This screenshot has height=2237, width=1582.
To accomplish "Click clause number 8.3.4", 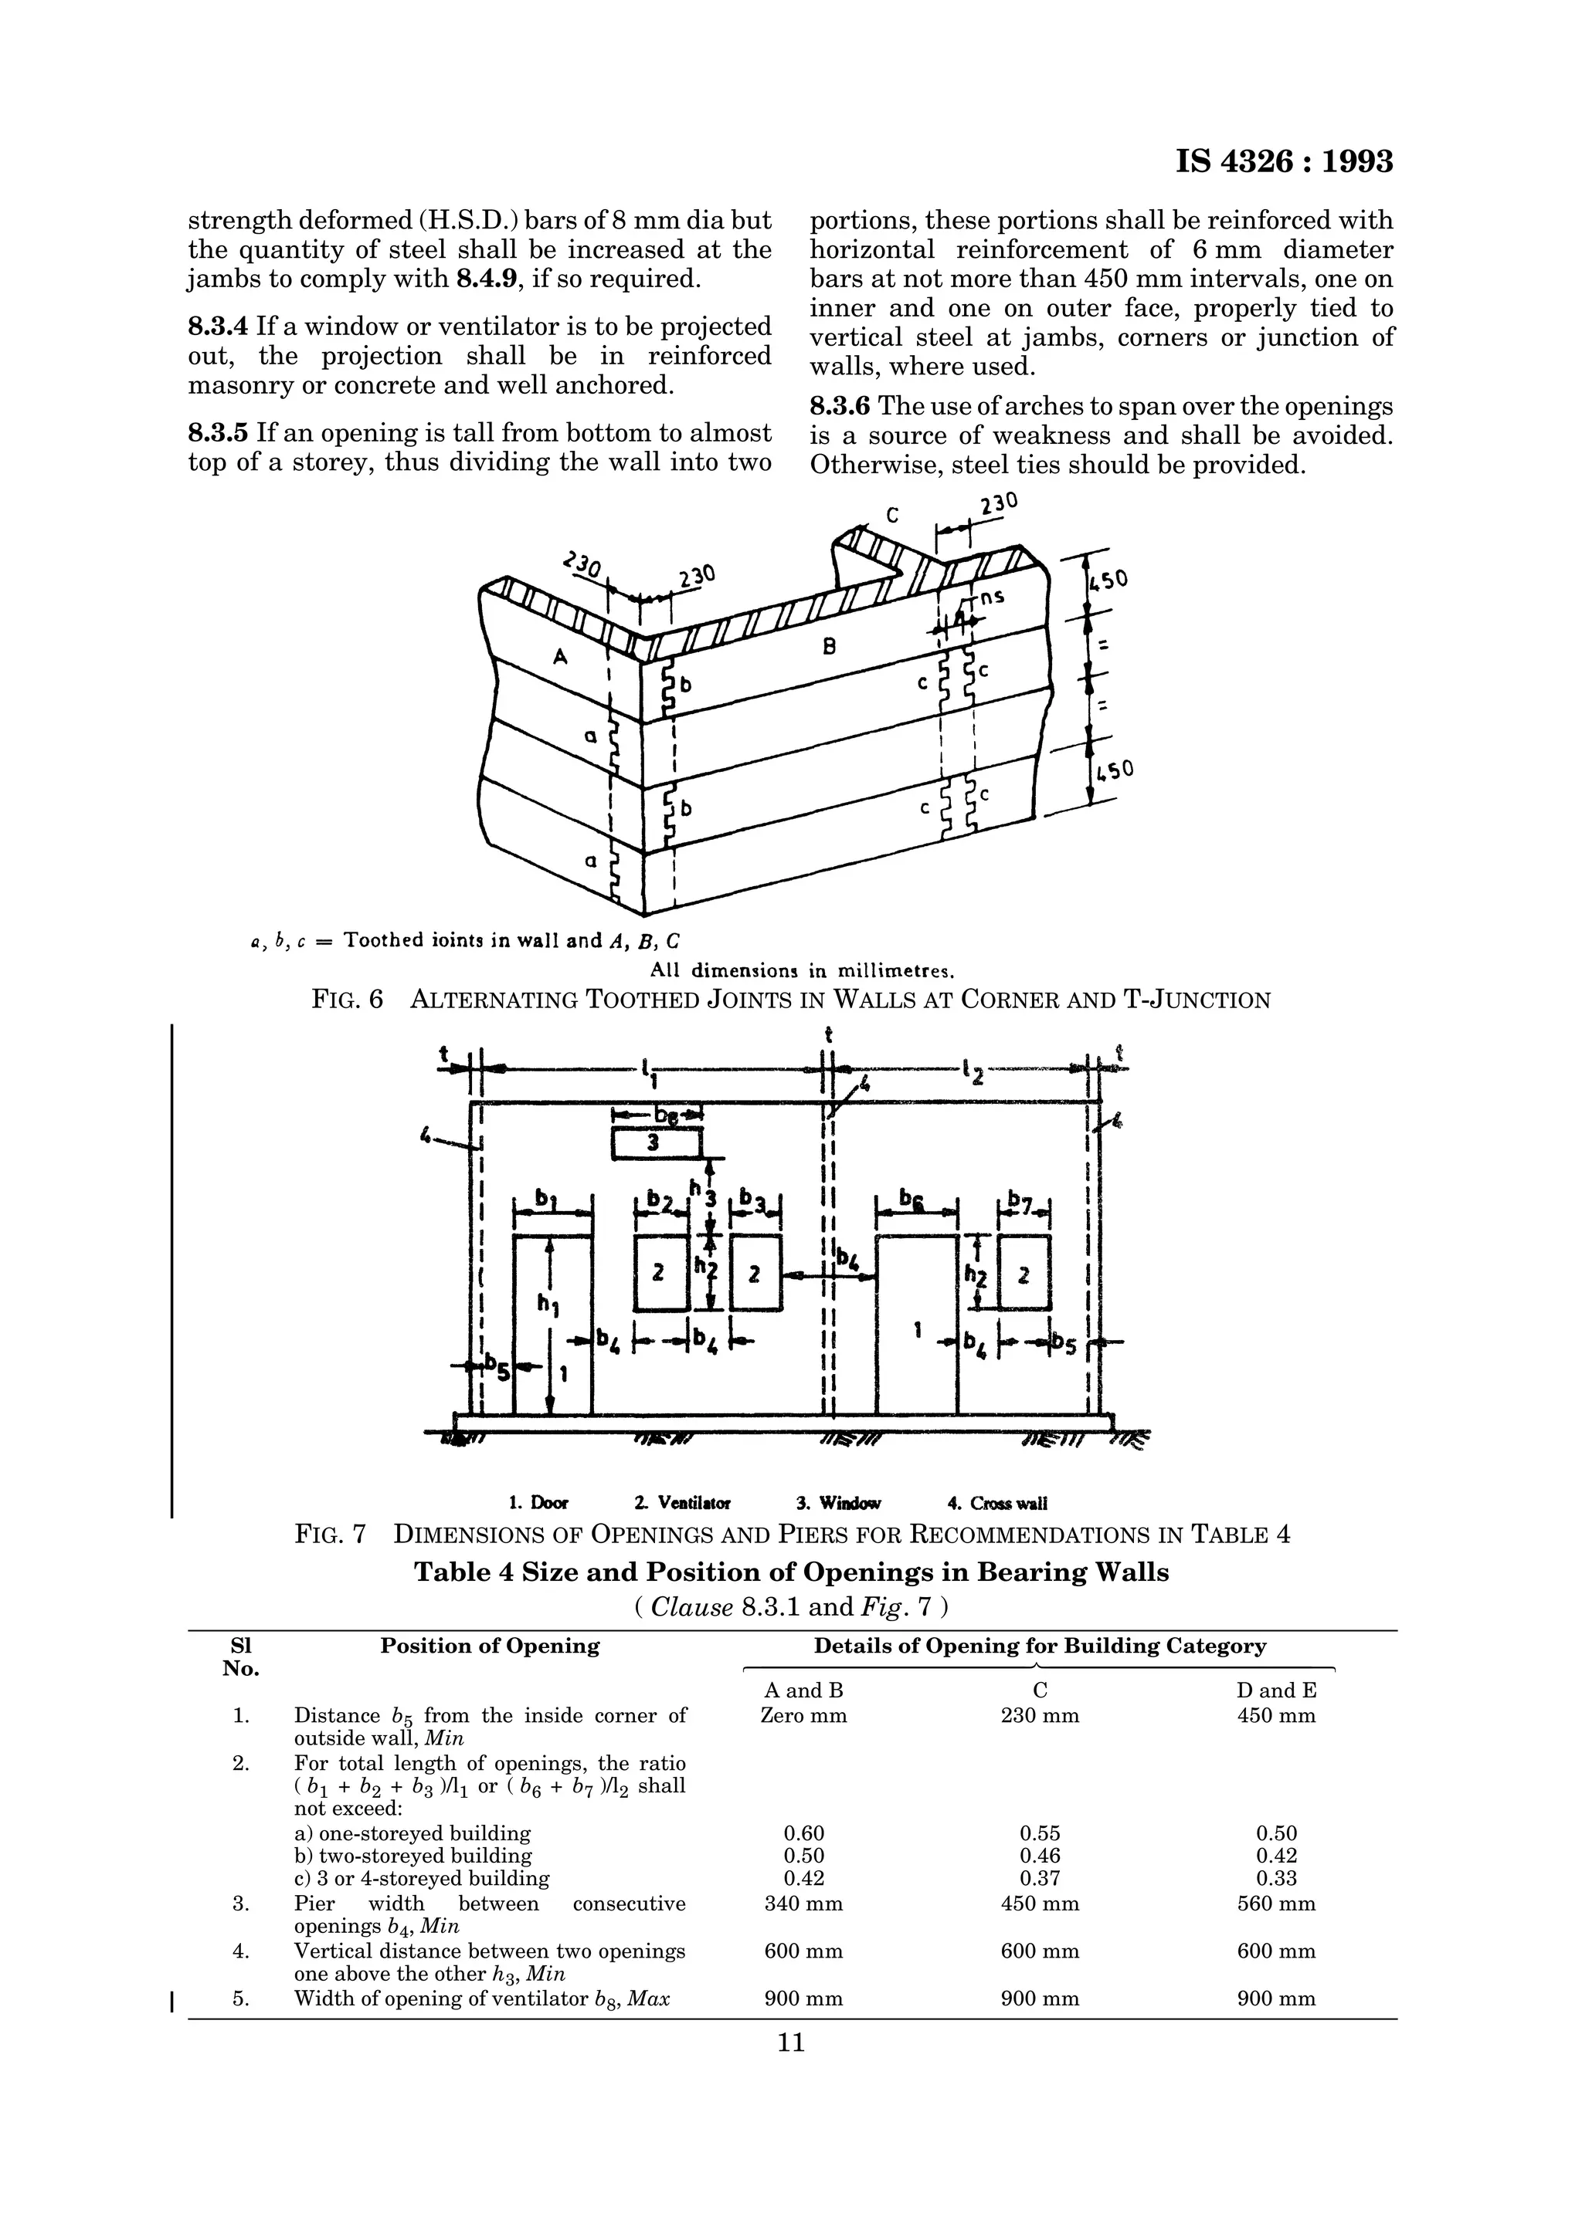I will pyautogui.click(x=219, y=327).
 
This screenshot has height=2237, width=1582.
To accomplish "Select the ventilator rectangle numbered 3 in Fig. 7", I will pyautogui.click(x=655, y=1144).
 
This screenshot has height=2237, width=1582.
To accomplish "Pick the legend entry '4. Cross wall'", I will pyautogui.click(x=997, y=1504).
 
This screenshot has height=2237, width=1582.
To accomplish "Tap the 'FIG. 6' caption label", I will pyautogui.click(x=347, y=1000).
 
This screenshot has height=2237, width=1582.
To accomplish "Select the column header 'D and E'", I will pyautogui.click(x=1276, y=1690).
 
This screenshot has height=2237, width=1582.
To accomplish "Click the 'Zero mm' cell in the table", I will pyautogui.click(x=803, y=1716).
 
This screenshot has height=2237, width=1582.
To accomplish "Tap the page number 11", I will pyautogui.click(x=790, y=2042).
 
